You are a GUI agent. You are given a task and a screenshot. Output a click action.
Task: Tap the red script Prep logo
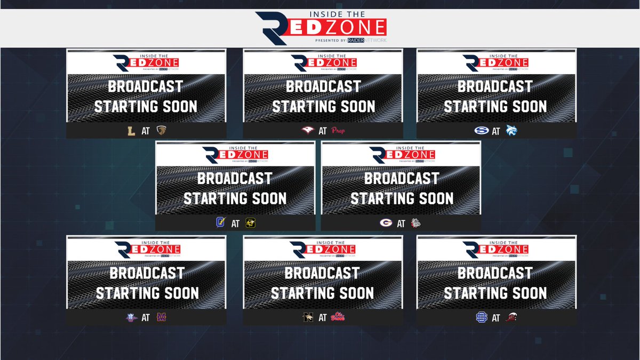click(339, 131)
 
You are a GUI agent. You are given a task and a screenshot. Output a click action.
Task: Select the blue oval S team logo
click(479, 131)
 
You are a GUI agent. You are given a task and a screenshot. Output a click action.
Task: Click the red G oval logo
click(385, 223)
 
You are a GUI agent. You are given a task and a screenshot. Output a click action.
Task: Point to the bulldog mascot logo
click(416, 223)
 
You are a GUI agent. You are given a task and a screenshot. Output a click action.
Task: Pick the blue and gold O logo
click(219, 223)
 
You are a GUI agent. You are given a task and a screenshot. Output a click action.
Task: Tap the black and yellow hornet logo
click(251, 223)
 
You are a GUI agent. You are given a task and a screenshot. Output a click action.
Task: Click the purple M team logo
click(161, 318)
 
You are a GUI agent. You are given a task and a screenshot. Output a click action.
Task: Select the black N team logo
click(307, 318)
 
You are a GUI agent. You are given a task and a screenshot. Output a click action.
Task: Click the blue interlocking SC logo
click(481, 318)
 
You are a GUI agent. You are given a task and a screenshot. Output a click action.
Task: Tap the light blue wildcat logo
click(512, 131)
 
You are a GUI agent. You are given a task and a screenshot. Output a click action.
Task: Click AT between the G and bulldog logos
click(401, 223)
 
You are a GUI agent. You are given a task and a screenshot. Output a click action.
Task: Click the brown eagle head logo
click(161, 131)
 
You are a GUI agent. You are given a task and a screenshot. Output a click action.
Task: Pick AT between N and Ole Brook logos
click(322, 318)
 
